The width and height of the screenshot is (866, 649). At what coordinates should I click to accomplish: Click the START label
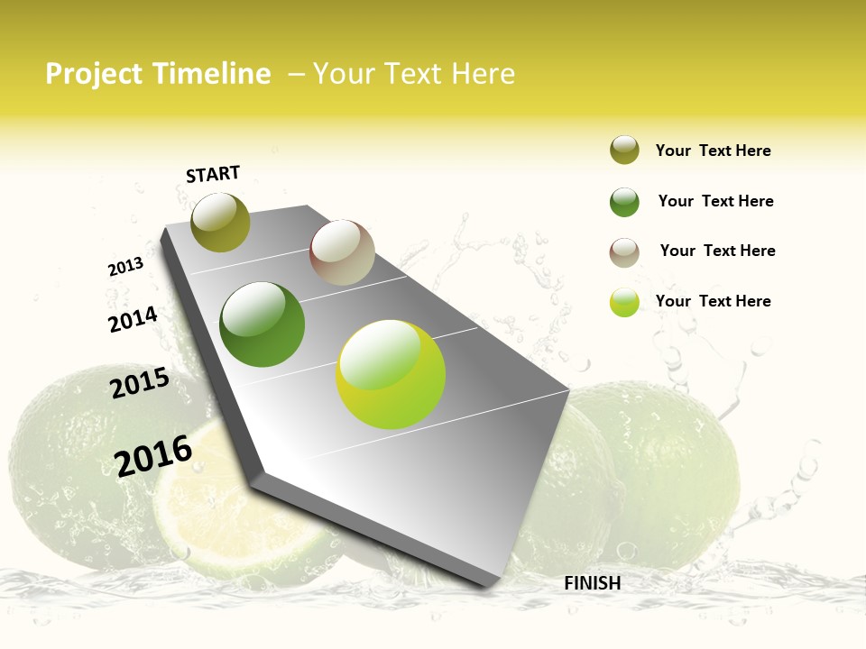coord(213,174)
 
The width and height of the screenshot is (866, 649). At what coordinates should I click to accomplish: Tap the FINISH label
coord(592,583)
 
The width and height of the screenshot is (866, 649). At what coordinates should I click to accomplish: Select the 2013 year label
coord(125,267)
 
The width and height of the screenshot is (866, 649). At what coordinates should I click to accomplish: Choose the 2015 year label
coord(140,383)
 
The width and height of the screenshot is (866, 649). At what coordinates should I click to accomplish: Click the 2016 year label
coord(153,455)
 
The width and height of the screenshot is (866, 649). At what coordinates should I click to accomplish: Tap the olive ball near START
coord(220,223)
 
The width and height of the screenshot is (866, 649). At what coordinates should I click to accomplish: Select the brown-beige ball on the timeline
coord(342,252)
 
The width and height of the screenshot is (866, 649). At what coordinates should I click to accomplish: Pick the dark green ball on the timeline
coord(263,324)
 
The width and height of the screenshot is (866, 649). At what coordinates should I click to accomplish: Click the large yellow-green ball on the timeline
coord(391,374)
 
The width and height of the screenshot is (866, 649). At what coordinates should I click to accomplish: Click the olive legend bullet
coord(624,151)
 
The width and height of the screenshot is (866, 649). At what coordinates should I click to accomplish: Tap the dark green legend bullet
coord(624,202)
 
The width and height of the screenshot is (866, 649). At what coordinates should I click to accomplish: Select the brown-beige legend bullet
coord(624,252)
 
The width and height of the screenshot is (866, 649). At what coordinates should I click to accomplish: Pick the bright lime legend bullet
coord(624,302)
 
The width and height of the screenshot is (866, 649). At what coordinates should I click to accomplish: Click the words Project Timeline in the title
coord(158,74)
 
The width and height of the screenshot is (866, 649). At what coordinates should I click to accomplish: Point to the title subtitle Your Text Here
coord(413,74)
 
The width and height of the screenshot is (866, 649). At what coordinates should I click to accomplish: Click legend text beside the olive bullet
coord(713,151)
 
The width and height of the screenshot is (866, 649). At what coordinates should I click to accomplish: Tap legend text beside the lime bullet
coord(713,301)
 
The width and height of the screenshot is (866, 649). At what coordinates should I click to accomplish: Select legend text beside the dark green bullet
coord(715,201)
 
